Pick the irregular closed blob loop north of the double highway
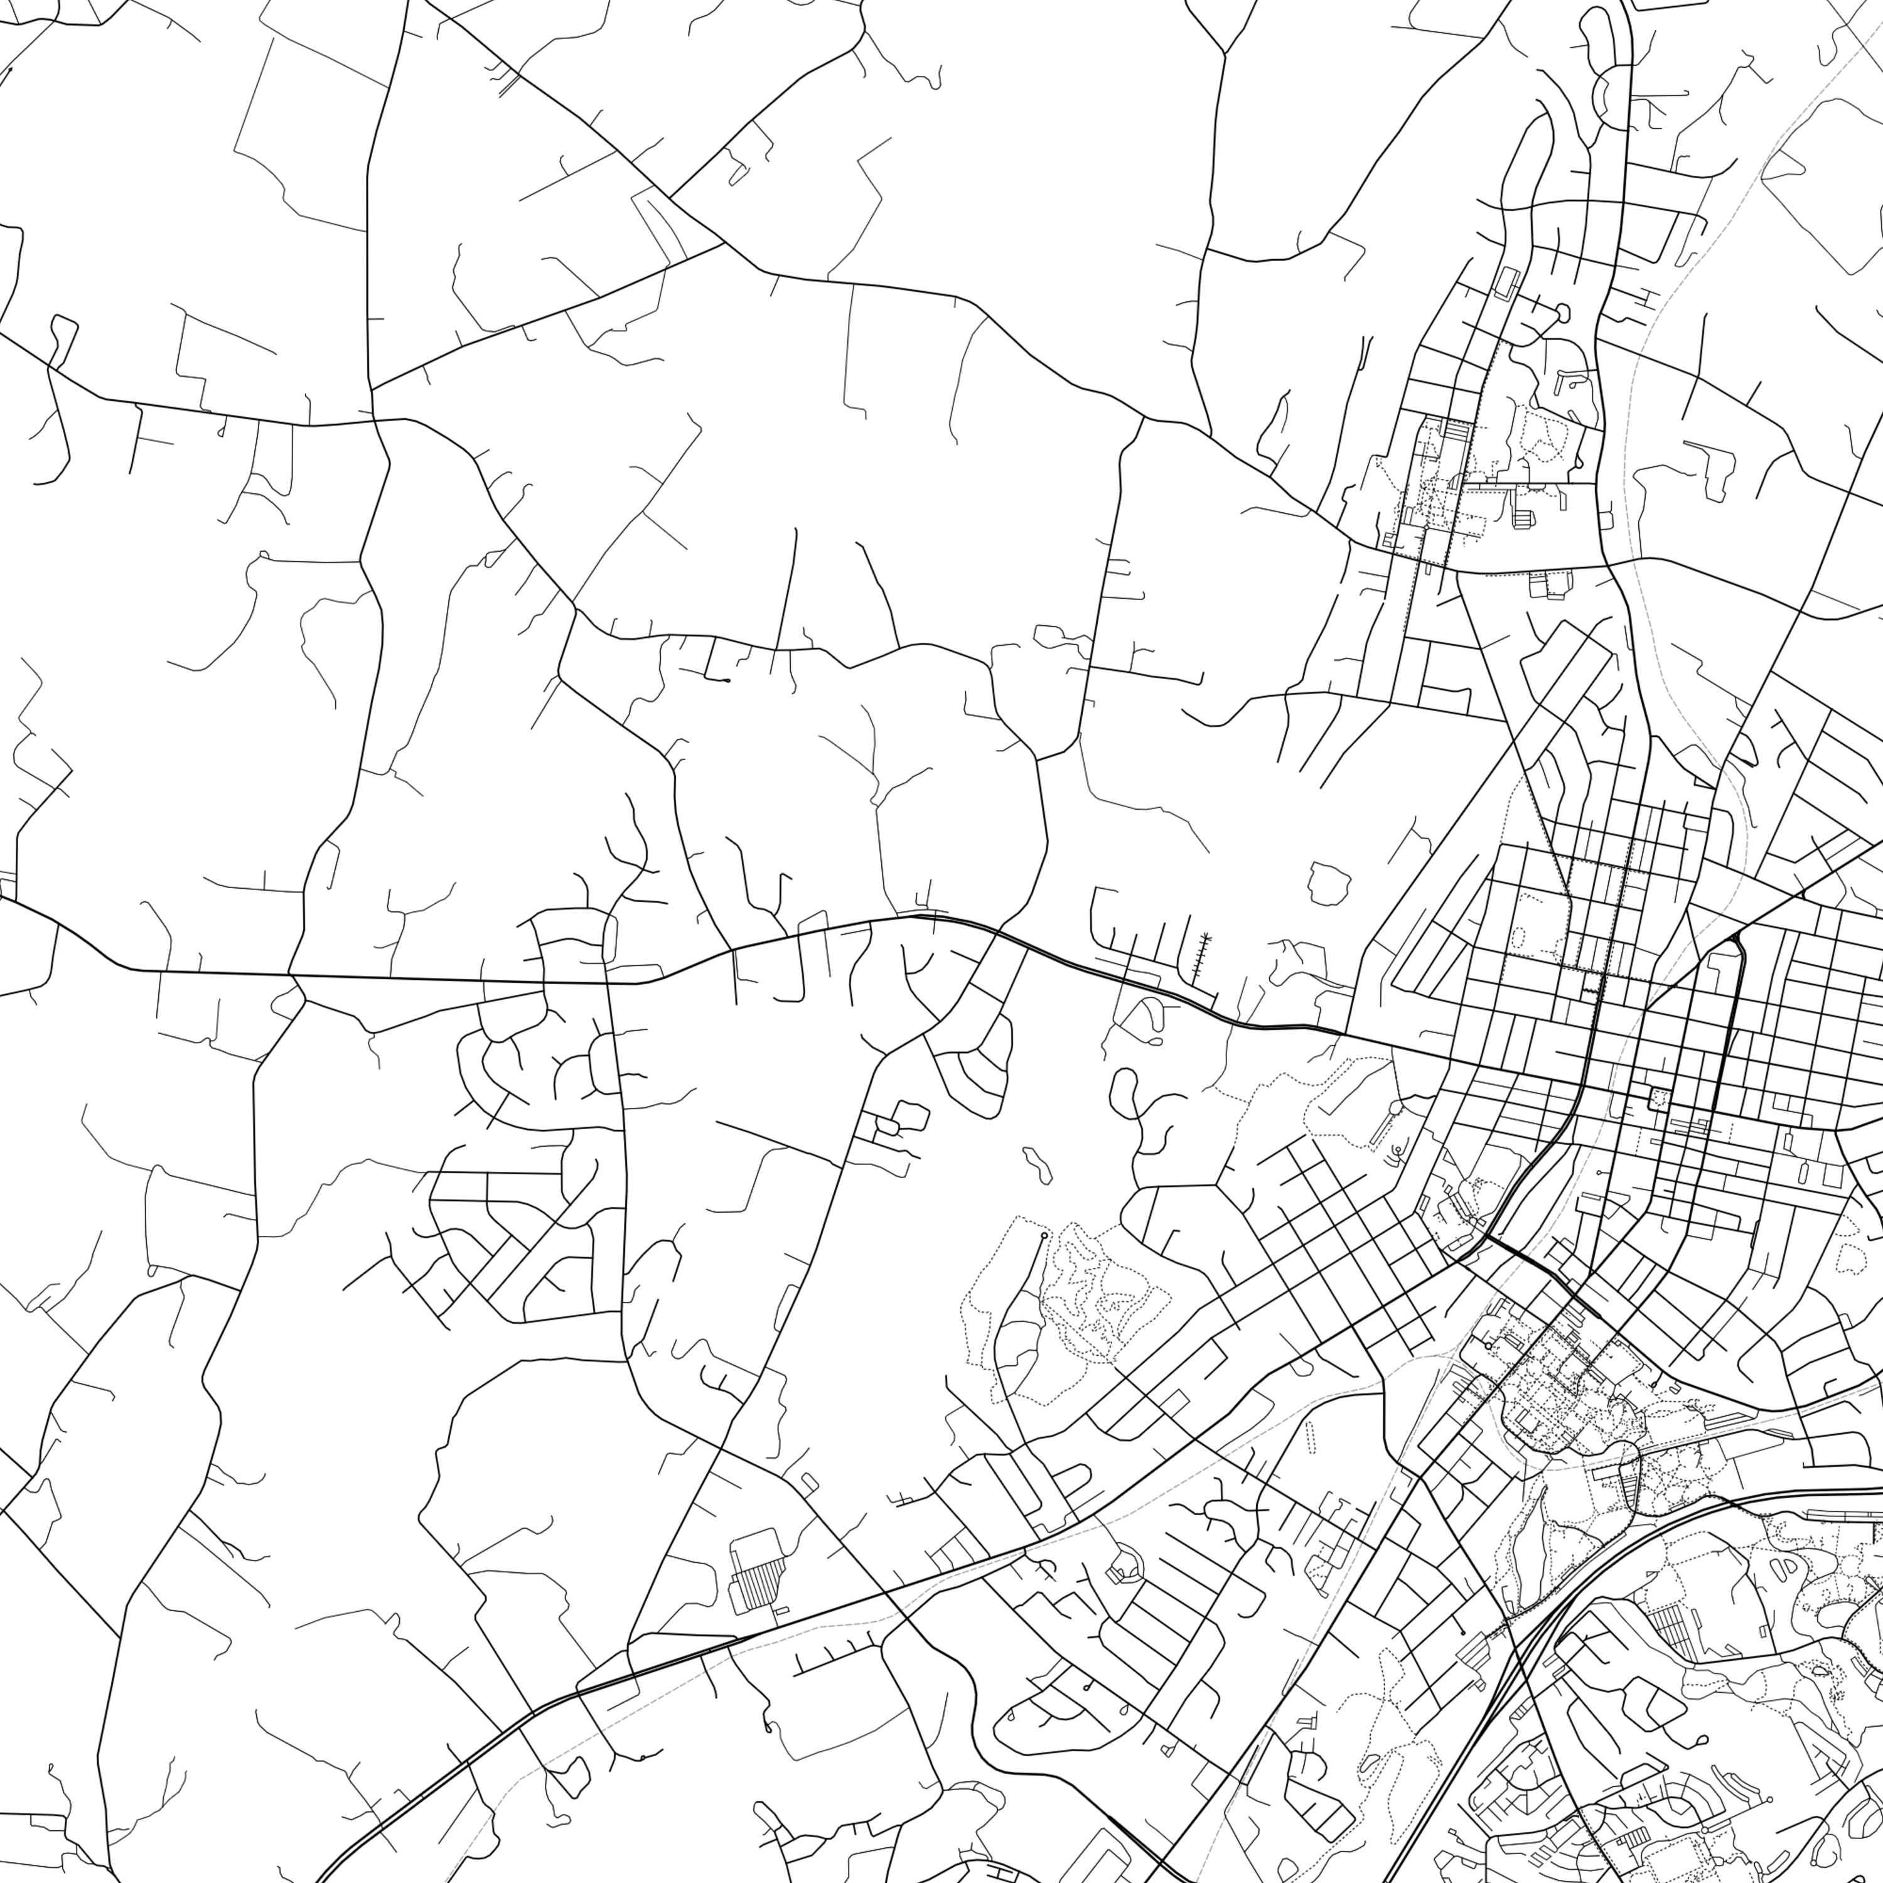(1328, 882)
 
